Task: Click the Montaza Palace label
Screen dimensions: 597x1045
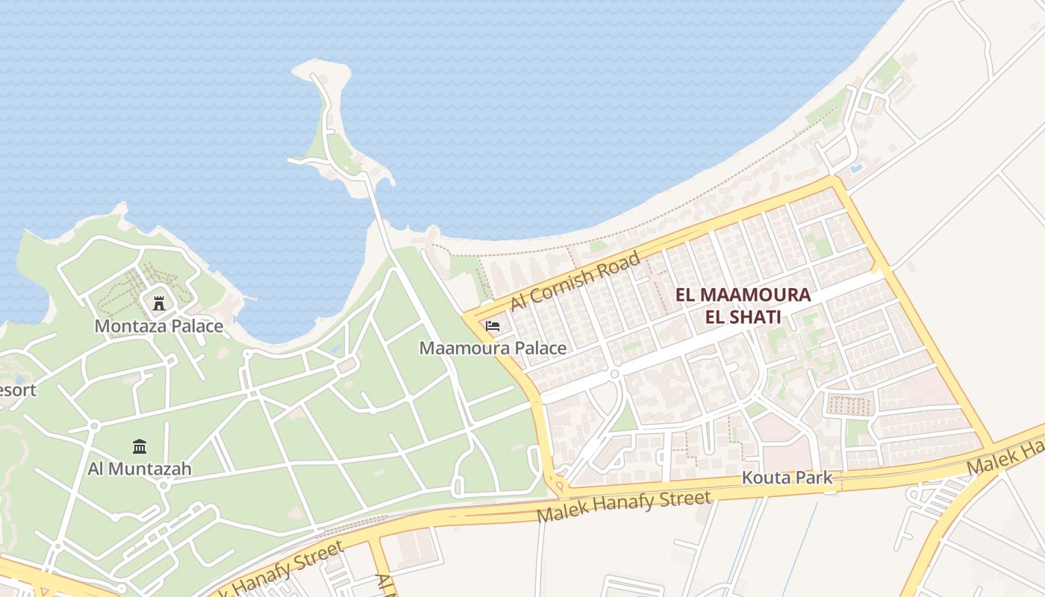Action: click(158, 326)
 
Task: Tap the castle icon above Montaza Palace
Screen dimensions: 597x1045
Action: click(158, 303)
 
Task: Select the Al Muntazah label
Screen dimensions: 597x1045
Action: click(140, 469)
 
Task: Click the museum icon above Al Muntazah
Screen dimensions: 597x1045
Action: click(140, 446)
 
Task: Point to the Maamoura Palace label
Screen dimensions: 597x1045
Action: click(493, 348)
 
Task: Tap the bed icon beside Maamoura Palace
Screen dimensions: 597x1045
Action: click(492, 326)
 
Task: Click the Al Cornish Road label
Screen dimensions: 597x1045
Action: click(575, 282)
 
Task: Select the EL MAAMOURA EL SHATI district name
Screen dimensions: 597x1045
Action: click(743, 305)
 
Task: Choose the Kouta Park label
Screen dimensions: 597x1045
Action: click(787, 478)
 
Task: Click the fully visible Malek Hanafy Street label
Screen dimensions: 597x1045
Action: click(623, 507)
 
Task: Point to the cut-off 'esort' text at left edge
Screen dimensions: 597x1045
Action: click(17, 390)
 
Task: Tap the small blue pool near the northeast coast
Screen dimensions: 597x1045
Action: click(855, 169)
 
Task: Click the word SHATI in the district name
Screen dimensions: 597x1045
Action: click(743, 317)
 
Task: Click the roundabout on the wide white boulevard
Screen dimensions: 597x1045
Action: click(614, 373)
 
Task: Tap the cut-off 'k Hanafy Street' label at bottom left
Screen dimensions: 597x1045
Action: click(276, 570)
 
